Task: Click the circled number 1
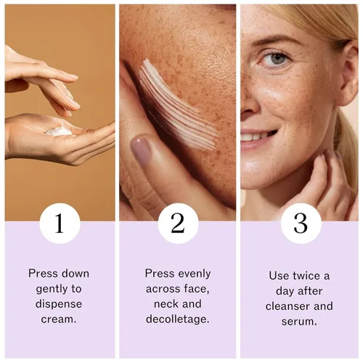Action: point(60,223)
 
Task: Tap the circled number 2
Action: point(178,223)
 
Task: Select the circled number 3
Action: point(301,223)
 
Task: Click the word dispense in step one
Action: point(59,304)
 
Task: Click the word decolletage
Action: point(178,319)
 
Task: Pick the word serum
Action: point(299,322)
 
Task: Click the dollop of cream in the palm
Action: point(58,131)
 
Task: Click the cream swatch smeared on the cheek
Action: point(178,104)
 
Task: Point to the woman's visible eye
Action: point(277,59)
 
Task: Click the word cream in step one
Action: point(59,319)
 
